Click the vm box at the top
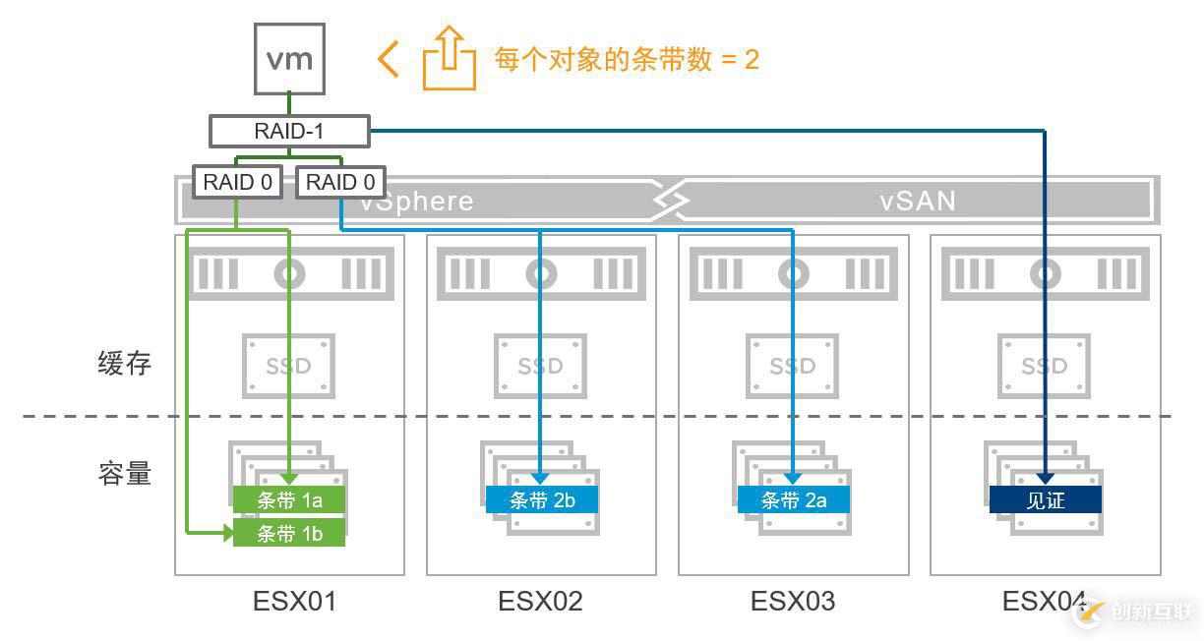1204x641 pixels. [x=289, y=59]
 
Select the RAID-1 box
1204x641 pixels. [x=289, y=131]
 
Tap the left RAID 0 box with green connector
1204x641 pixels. [x=237, y=182]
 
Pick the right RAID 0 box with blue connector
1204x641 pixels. [x=340, y=182]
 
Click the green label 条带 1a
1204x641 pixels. [x=289, y=499]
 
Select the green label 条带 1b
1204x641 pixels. [x=289, y=533]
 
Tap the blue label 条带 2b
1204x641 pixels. [x=541, y=499]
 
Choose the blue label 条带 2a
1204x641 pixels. [x=793, y=499]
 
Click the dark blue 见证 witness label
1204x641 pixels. [x=1045, y=499]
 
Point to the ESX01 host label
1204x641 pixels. [x=294, y=601]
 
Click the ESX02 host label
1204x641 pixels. [x=540, y=601]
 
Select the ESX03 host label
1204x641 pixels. [x=793, y=601]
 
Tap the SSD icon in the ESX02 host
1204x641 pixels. [x=541, y=366]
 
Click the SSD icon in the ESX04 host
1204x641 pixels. [x=1045, y=366]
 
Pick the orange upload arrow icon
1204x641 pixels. [x=449, y=60]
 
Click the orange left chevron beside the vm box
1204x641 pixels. [x=389, y=59]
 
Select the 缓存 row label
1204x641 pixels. [x=125, y=364]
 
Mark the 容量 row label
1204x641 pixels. [x=125, y=474]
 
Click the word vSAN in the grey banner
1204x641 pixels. [x=917, y=202]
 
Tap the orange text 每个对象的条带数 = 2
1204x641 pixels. [x=627, y=59]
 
